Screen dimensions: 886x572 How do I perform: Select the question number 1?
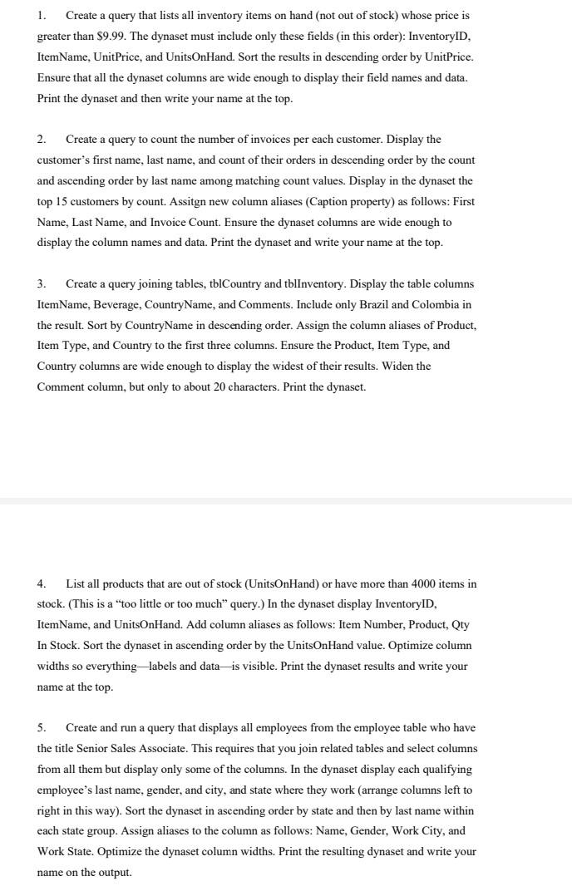pos(41,16)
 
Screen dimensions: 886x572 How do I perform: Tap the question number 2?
pos(41,139)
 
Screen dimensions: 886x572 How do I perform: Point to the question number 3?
pos(41,283)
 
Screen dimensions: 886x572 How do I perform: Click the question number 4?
pos(41,583)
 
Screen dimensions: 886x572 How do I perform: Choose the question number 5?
pos(41,727)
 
